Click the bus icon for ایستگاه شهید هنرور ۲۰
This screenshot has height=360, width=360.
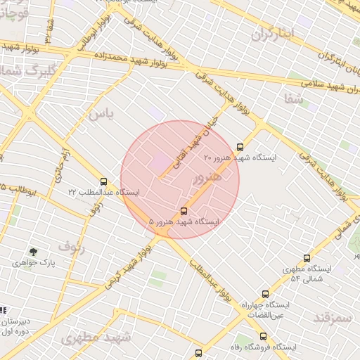[241, 147]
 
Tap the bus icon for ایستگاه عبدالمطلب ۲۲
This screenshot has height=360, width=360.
[104, 181]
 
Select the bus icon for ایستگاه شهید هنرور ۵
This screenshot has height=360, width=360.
[184, 210]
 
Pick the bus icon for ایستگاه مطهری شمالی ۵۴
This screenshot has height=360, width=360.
[307, 258]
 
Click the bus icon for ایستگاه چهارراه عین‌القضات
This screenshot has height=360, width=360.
[265, 294]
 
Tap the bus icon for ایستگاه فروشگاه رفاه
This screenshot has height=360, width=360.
[198, 353]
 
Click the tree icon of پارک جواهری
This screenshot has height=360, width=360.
[33, 251]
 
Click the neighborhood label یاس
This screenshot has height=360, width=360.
[101, 112]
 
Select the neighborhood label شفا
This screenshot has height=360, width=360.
[295, 98]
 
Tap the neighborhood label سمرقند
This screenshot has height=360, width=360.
[332, 319]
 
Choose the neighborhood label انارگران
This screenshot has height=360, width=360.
[271, 32]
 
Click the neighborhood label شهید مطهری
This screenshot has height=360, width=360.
[96, 337]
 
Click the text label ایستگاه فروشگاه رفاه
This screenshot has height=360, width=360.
[266, 347]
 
